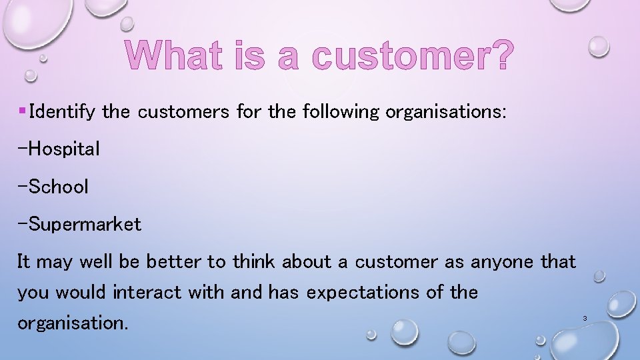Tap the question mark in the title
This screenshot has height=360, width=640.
coord(501,55)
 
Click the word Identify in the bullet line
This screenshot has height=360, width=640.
coord(63,111)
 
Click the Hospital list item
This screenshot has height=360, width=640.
coord(59,149)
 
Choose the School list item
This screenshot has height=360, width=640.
coord(53,187)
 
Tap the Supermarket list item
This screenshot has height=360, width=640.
coord(79,225)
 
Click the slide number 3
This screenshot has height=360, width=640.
coord(585,319)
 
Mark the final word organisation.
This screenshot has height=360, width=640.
coord(72,323)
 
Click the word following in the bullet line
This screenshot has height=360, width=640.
coord(341,111)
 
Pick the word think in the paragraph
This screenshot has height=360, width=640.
coord(255,262)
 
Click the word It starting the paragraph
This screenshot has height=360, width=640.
coord(24,262)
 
